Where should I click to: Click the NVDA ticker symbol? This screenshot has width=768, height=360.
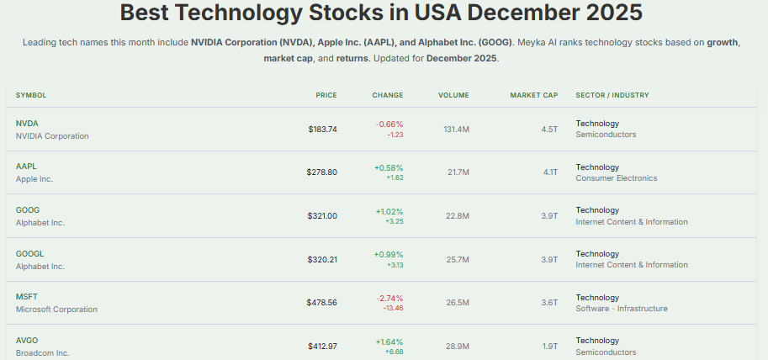pyautogui.click(x=27, y=124)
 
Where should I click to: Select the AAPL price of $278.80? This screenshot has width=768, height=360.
pyautogui.click(x=321, y=172)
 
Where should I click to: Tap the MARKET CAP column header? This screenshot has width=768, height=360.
pyautogui.click(x=533, y=95)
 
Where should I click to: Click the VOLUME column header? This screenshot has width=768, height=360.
pyautogui.click(x=453, y=95)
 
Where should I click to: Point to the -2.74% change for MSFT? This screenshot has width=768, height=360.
pyautogui.click(x=389, y=298)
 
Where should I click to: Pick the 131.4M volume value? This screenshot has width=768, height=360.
pyautogui.click(x=456, y=130)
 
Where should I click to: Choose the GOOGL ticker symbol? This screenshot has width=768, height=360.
pyautogui.click(x=29, y=254)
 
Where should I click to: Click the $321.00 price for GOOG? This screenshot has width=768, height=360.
pyautogui.click(x=321, y=216)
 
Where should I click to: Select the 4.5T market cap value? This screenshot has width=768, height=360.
pyautogui.click(x=549, y=130)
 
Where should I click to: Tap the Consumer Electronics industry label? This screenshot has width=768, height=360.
pyautogui.click(x=616, y=178)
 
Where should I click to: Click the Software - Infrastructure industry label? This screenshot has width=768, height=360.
pyautogui.click(x=621, y=309)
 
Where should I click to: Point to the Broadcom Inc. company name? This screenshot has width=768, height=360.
pyautogui.click(x=42, y=352)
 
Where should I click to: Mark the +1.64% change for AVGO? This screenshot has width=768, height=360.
pyautogui.click(x=389, y=341)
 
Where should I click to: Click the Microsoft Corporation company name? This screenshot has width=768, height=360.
pyautogui.click(x=56, y=309)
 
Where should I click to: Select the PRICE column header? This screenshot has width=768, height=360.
pyautogui.click(x=326, y=95)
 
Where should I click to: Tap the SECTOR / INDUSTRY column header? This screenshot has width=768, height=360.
pyautogui.click(x=612, y=95)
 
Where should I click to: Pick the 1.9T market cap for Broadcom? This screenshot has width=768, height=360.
pyautogui.click(x=549, y=347)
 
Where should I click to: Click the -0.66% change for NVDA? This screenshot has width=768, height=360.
pyautogui.click(x=389, y=124)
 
